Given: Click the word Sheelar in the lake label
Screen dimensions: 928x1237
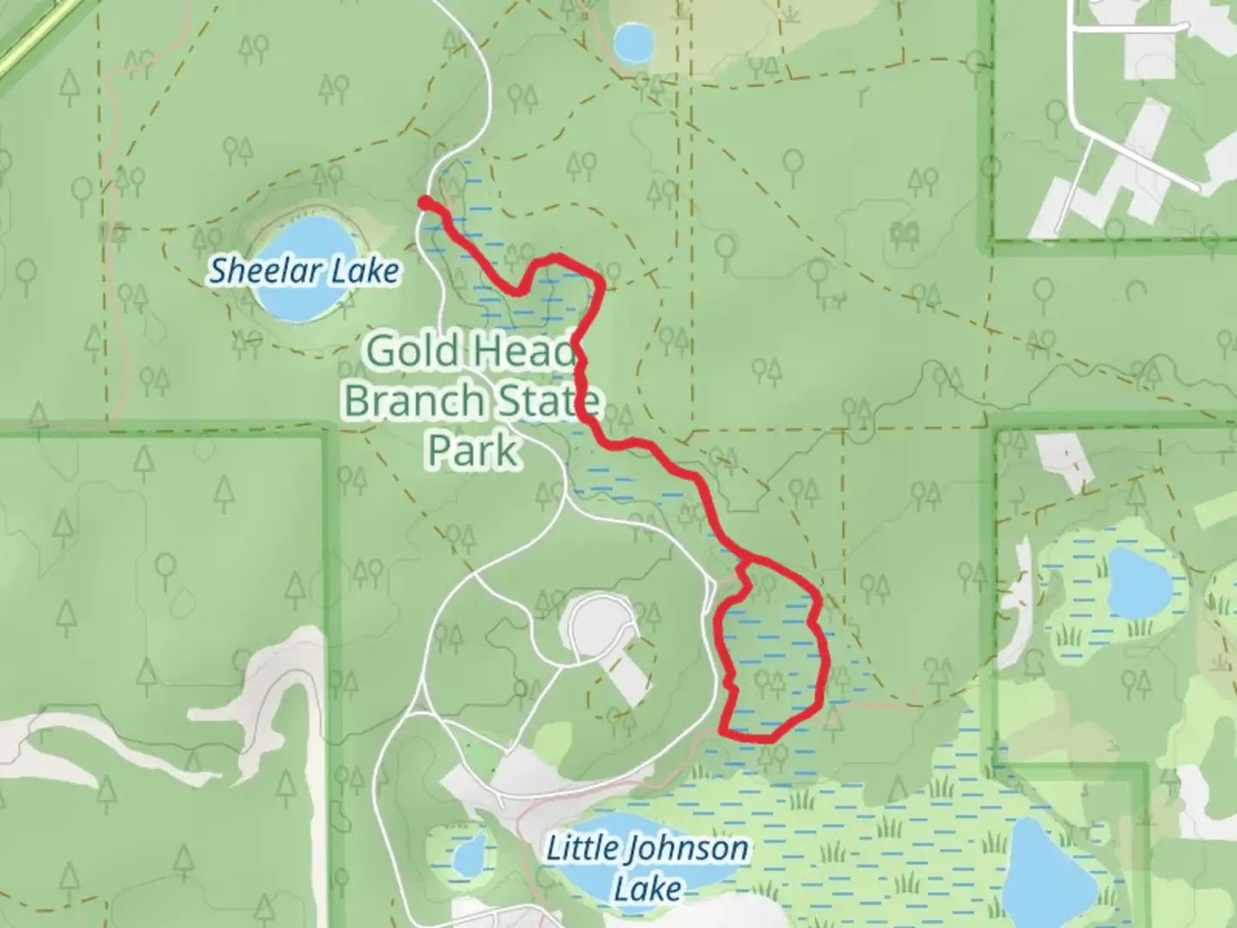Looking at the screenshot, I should [255, 272].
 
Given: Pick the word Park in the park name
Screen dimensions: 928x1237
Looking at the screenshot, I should [473, 449].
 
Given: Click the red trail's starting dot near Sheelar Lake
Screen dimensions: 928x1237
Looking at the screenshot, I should [424, 203].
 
